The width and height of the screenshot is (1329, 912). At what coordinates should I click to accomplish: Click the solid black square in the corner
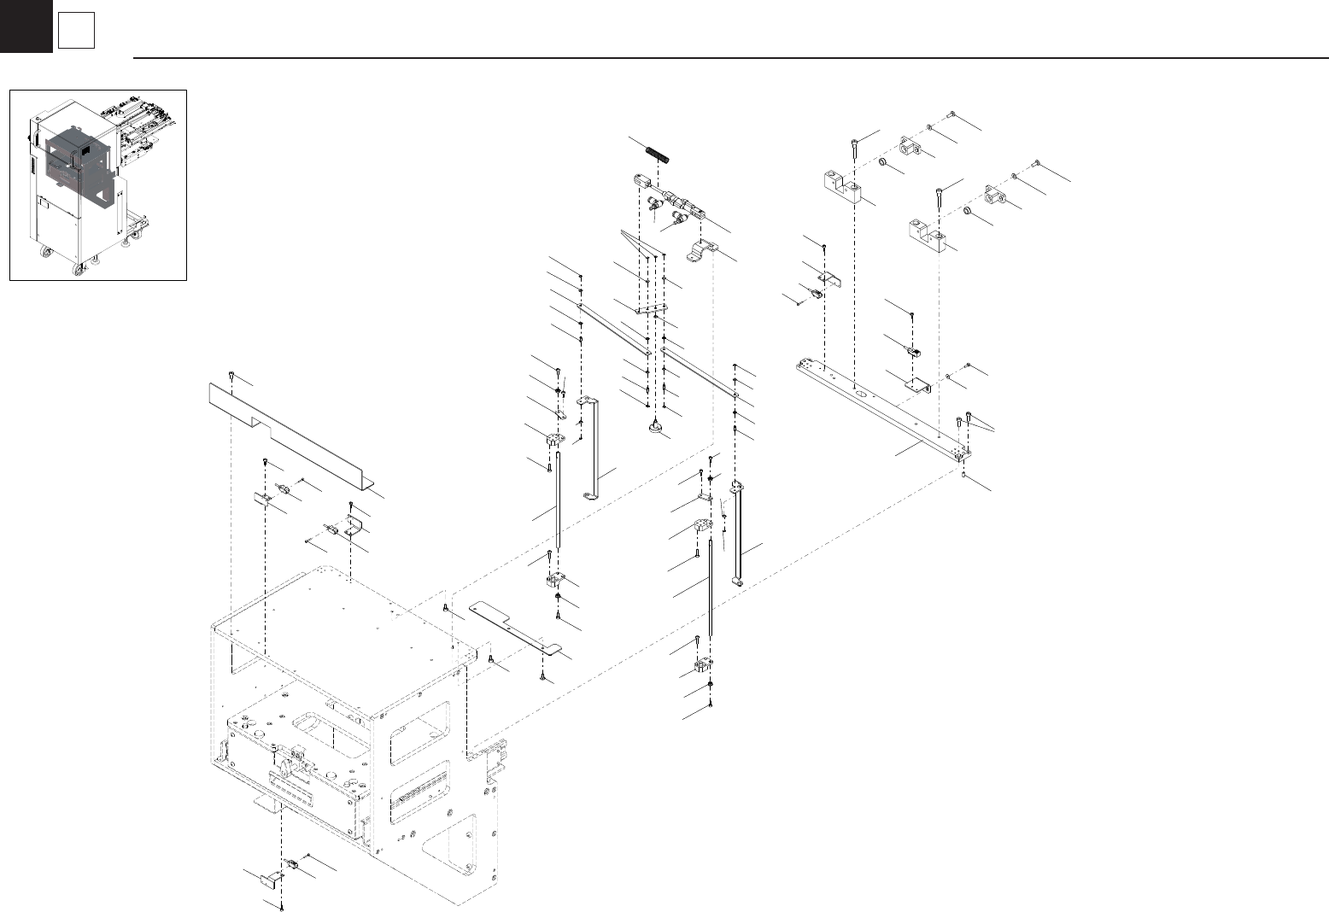click(x=26, y=26)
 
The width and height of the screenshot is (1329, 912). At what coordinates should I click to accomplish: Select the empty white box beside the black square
click(x=76, y=32)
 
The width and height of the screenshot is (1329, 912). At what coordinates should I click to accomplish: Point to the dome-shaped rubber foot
click(x=656, y=427)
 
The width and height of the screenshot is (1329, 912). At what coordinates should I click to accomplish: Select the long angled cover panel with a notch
click(x=290, y=436)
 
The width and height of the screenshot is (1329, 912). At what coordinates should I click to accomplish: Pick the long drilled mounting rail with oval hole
click(x=884, y=410)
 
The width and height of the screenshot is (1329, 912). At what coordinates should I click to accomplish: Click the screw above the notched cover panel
click(x=232, y=376)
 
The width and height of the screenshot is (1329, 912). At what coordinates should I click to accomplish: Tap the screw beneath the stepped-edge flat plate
click(x=543, y=677)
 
